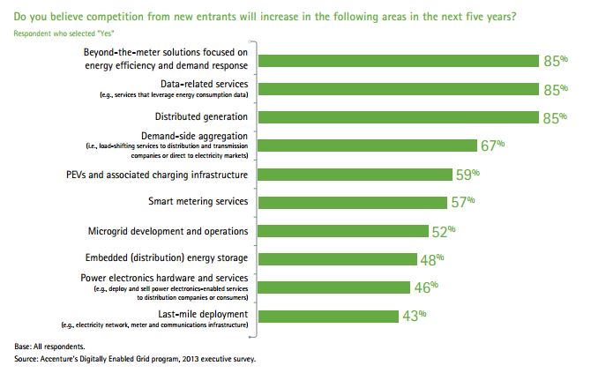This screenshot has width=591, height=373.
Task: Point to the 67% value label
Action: (x=490, y=145)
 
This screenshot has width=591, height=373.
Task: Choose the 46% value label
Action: (x=425, y=286)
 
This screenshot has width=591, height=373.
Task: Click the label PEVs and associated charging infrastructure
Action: (x=168, y=174)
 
